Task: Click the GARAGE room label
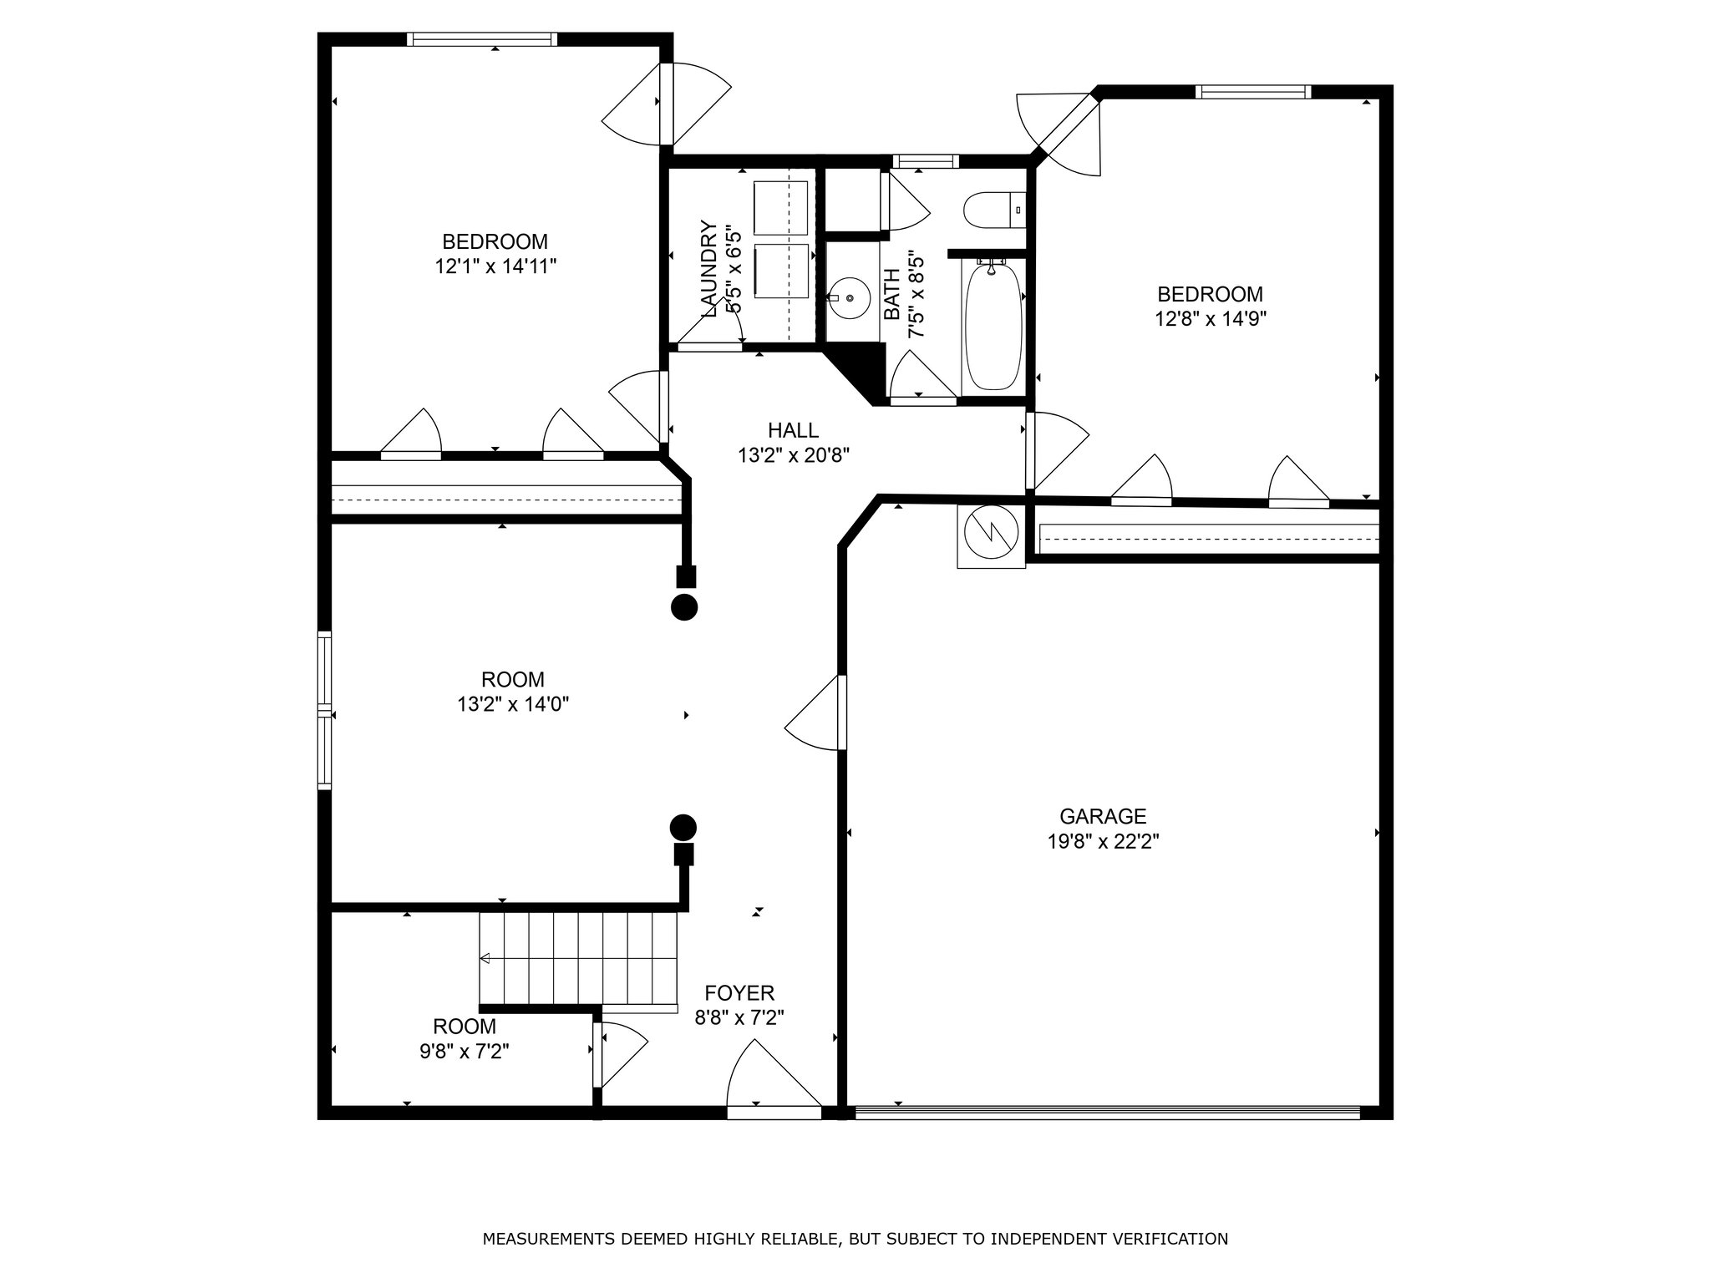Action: (x=1103, y=816)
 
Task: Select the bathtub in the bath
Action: (x=993, y=325)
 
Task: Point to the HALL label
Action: (x=794, y=430)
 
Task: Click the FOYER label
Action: (x=739, y=993)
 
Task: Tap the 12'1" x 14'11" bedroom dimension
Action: (x=495, y=266)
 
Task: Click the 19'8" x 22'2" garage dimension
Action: (x=1103, y=841)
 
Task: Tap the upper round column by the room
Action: (x=684, y=607)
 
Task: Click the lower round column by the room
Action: (x=683, y=828)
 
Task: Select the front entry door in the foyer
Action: (x=774, y=1078)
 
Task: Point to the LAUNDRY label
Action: (x=709, y=269)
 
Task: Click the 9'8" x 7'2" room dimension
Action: (x=465, y=1051)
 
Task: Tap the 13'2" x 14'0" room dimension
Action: (x=513, y=704)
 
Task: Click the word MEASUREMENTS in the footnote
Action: (x=548, y=1239)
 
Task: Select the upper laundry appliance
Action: (x=781, y=208)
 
